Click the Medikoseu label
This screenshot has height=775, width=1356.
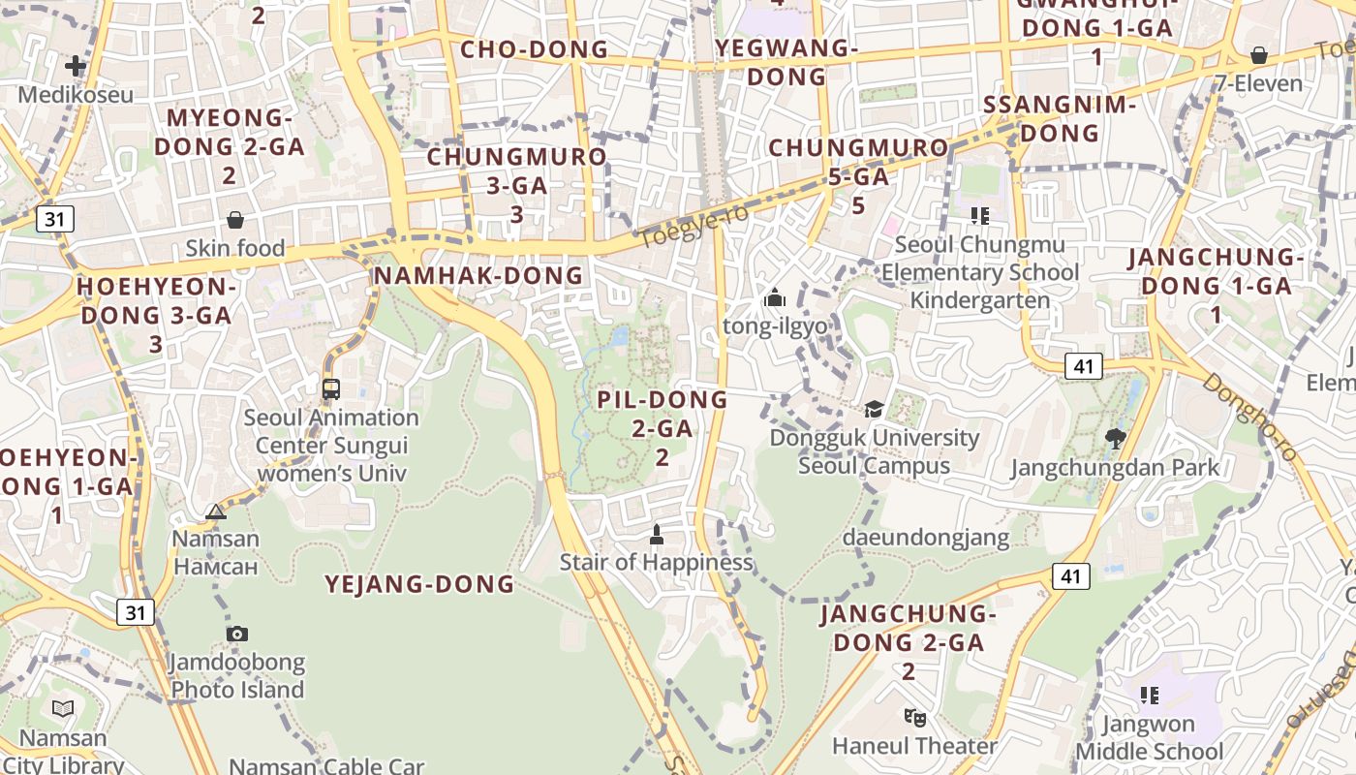pyautogui.click(x=76, y=95)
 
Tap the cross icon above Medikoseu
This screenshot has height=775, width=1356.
pyautogui.click(x=76, y=66)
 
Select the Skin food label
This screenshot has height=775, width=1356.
pyautogui.click(x=235, y=248)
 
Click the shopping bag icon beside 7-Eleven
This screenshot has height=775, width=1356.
pyautogui.click(x=1259, y=55)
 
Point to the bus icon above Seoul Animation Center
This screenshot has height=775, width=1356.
pyautogui.click(x=331, y=389)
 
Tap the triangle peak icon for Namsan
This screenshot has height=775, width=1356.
pyautogui.click(x=216, y=511)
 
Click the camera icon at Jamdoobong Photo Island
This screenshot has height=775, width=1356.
pyautogui.click(x=237, y=635)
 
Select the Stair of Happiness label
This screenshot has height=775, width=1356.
pyautogui.click(x=656, y=562)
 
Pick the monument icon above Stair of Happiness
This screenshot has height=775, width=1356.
pyautogui.click(x=656, y=534)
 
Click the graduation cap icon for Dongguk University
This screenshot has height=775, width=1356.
pyautogui.click(x=875, y=410)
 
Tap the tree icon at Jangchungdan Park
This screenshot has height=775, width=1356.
pyautogui.click(x=1115, y=439)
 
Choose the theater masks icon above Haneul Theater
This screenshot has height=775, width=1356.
pyautogui.click(x=914, y=718)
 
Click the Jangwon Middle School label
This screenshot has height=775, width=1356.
pyautogui.click(x=1149, y=737)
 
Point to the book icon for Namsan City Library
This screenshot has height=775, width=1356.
pyautogui.click(x=63, y=709)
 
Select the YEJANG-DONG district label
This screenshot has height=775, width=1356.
pyautogui.click(x=419, y=584)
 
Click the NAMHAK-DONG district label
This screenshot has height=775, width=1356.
pyautogui.click(x=478, y=276)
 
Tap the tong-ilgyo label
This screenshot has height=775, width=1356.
pyautogui.click(x=775, y=325)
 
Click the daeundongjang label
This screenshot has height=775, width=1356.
pyautogui.click(x=925, y=537)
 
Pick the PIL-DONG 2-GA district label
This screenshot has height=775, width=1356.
pyautogui.click(x=663, y=427)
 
